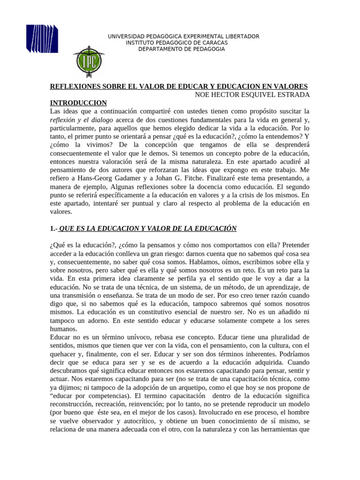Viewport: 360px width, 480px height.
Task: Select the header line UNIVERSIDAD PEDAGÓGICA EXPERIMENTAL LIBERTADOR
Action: [x=183, y=37]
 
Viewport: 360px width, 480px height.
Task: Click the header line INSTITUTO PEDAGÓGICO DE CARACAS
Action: [x=177, y=43]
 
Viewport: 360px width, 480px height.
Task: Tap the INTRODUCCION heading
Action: [x=78, y=103]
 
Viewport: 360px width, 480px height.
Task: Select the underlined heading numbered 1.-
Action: [x=143, y=228]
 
